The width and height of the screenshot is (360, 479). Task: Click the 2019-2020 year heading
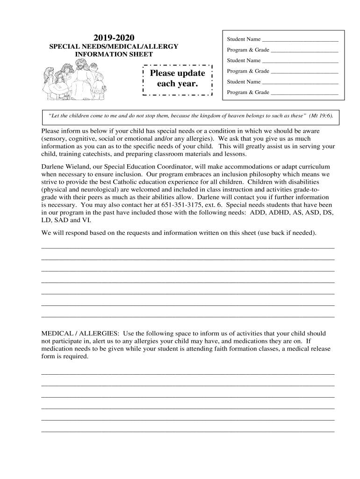point(114,37)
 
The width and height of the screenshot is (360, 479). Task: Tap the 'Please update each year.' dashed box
point(177,79)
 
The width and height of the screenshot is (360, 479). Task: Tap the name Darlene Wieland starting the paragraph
point(65,167)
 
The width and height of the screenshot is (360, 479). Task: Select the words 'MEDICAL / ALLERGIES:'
point(80,334)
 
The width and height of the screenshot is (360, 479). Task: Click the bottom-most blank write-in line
point(188,431)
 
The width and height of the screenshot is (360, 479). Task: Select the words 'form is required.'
point(65,356)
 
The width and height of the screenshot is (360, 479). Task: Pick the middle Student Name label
point(244,60)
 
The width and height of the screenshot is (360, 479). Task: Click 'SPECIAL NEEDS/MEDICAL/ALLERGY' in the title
point(114,47)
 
